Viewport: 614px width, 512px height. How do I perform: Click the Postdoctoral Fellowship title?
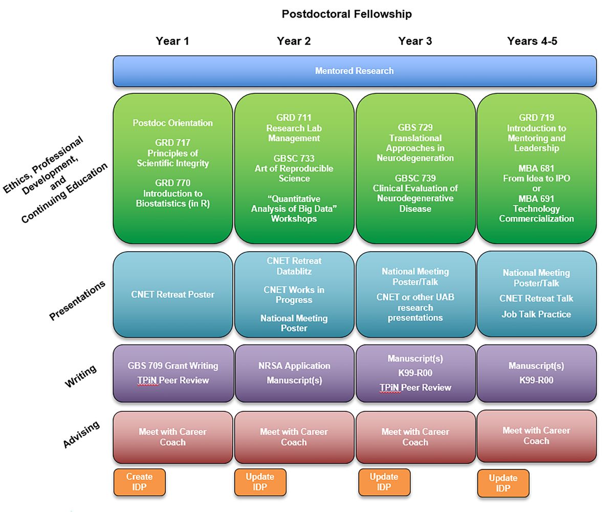346,14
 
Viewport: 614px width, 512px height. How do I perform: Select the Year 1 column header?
172,41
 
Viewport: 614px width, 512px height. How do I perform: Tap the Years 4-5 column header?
532,41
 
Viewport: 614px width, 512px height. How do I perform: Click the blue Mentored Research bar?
354,71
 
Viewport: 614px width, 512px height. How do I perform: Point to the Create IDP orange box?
139,482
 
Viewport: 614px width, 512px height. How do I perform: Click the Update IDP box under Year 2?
260,482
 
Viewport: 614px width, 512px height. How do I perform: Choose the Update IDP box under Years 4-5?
503,483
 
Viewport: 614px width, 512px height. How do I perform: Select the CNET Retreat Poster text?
173,295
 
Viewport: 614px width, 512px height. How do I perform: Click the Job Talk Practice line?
536,314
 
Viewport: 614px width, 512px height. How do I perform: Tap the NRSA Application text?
294,366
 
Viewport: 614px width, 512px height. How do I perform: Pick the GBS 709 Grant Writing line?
173,366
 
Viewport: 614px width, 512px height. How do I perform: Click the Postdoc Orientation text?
173,123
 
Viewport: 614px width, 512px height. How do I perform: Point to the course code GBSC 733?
294,159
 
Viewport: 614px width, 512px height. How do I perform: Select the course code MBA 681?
536,168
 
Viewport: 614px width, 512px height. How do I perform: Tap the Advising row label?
81,435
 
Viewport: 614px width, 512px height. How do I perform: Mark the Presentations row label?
77,301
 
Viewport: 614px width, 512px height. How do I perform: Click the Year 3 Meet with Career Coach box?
415,437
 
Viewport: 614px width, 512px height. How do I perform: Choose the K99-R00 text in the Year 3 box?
415,373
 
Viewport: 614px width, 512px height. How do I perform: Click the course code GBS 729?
415,128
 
